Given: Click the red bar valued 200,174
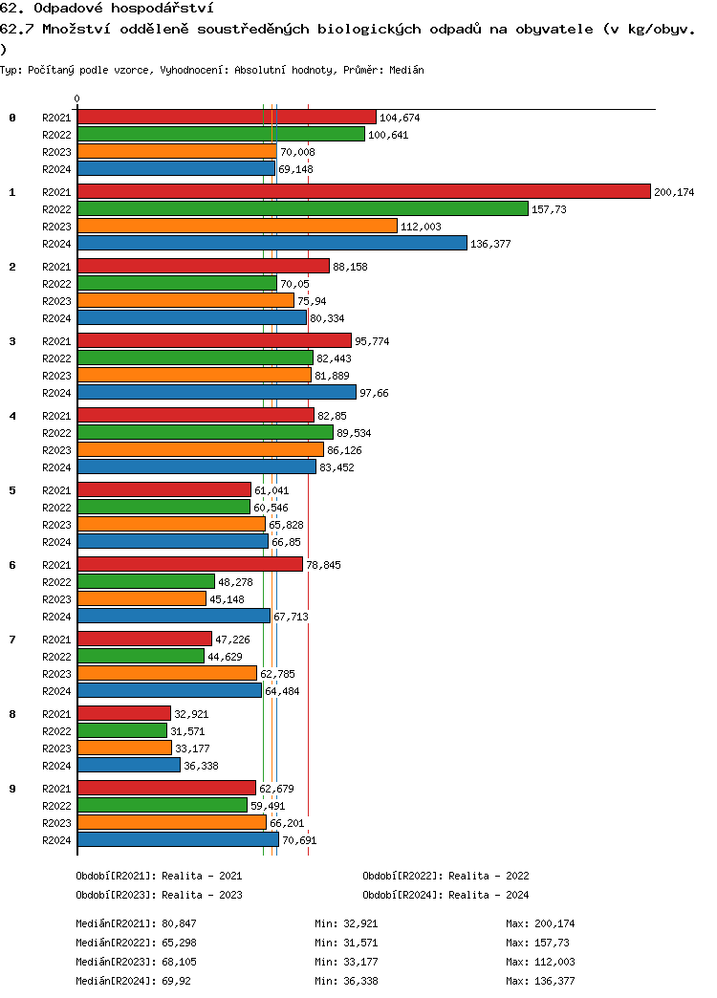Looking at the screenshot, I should coord(363,191).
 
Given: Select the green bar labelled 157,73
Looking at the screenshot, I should coord(302,208).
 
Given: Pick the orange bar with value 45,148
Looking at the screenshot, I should coord(141,598).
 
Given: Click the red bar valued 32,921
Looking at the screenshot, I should coord(124,713).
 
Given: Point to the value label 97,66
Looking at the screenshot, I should coord(376,393).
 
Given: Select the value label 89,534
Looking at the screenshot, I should coord(354,433).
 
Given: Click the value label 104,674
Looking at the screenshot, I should coord(400,118).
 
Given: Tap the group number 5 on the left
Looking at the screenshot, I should coord(12,490).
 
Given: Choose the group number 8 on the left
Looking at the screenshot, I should coord(12,714).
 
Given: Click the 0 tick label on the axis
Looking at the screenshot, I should coord(77,98).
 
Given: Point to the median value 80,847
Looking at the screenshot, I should coord(176,923).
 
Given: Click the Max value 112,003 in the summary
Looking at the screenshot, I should coord(554,962).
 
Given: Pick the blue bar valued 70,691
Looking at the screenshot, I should coord(178,839).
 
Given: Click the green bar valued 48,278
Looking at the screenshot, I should coord(146,581).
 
